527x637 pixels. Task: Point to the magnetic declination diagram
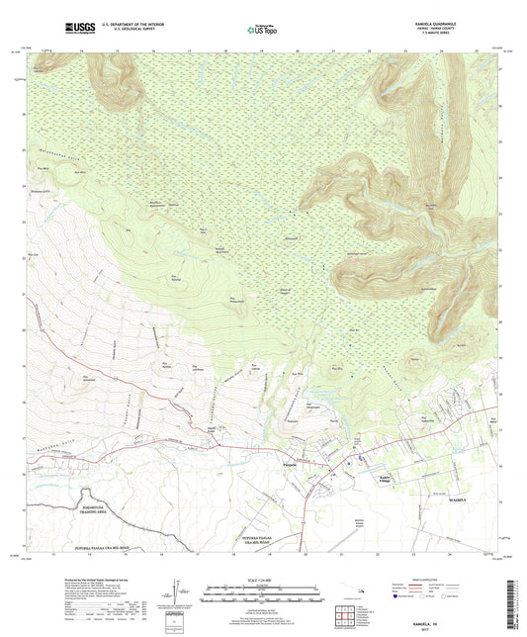coord(174,598)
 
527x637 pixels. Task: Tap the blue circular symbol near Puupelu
coord(350,461)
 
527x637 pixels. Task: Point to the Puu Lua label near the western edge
coord(34,254)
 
